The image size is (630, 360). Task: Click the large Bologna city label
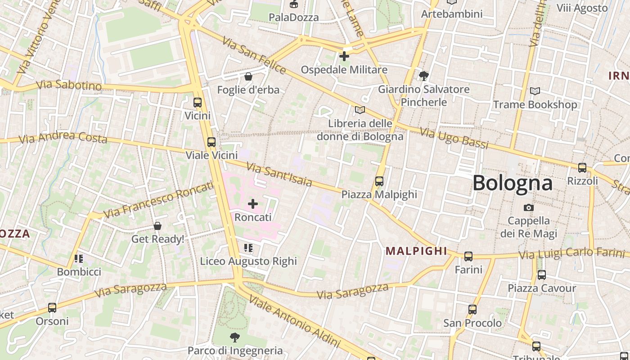tap(513, 183)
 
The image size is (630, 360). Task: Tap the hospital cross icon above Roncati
tap(253, 204)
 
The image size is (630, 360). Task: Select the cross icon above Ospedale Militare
tap(344, 56)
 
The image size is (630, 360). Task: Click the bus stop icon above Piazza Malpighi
tap(379, 181)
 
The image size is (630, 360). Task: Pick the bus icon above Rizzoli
tap(582, 168)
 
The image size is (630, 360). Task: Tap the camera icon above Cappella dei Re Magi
tap(529, 207)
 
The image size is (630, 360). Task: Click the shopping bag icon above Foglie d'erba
tap(248, 76)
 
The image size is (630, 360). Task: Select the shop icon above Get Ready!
tap(157, 225)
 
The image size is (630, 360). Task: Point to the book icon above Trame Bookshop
tap(535, 91)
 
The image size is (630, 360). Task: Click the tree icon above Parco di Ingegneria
tap(234, 337)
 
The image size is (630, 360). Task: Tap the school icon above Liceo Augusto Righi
tap(248, 248)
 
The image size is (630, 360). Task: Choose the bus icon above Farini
tap(468, 256)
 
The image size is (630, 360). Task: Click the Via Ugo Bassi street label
tap(454, 138)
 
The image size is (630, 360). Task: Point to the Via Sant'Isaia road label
tap(279, 175)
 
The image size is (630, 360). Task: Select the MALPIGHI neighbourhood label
tap(416, 251)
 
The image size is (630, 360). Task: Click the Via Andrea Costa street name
tap(63, 137)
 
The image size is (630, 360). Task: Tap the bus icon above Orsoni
tap(52, 308)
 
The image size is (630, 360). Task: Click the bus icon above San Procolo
tap(472, 310)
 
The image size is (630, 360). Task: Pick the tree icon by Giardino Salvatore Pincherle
tap(423, 76)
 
